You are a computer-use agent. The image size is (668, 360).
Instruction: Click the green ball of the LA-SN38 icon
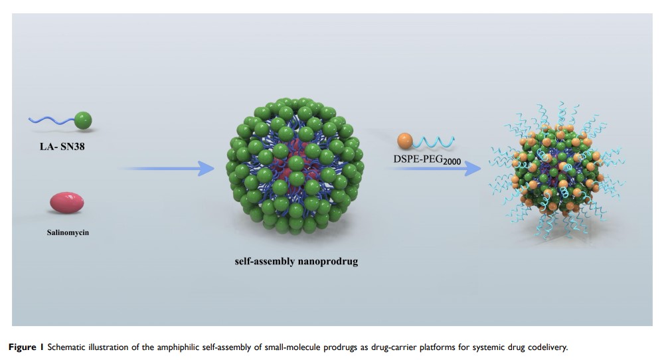click(82, 120)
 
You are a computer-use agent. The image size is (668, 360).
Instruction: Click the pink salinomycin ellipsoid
click(66, 203)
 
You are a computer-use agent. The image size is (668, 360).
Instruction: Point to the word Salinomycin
click(67, 232)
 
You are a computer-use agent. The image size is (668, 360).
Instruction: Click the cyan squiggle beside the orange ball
click(435, 140)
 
